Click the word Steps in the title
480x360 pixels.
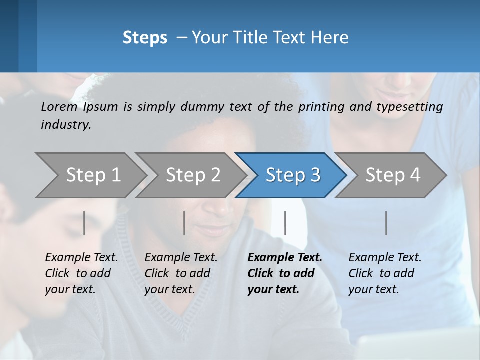145,38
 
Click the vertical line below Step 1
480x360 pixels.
84,223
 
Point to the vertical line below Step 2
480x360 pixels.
184,223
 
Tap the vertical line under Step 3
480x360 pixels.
285,223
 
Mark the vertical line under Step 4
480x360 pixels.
386,223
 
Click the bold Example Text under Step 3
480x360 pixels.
284,273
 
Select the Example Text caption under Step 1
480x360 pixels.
81,273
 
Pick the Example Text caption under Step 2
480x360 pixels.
181,273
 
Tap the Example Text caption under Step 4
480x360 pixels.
385,273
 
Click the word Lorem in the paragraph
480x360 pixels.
59,107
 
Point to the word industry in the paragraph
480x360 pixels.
66,125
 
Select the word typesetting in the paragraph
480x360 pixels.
412,107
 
